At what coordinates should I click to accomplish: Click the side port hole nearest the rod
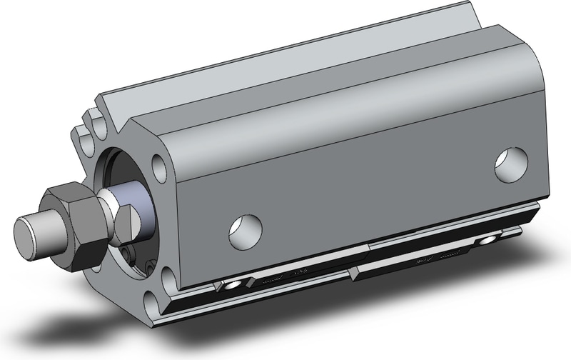(x=245, y=228)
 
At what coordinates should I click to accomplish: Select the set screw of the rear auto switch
(x=490, y=238)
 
